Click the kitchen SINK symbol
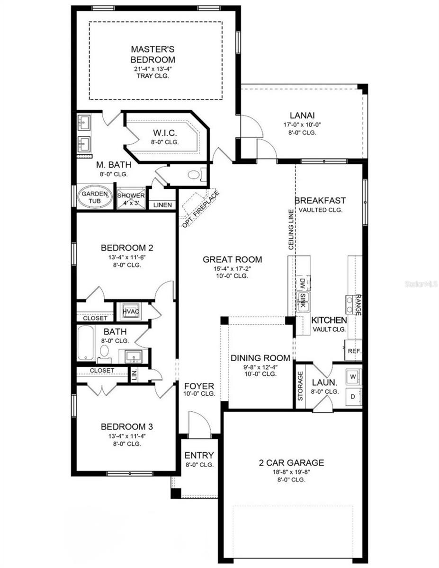click(303, 297)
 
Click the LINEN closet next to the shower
click(162, 205)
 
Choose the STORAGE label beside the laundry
click(300, 386)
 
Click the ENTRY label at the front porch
click(199, 455)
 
